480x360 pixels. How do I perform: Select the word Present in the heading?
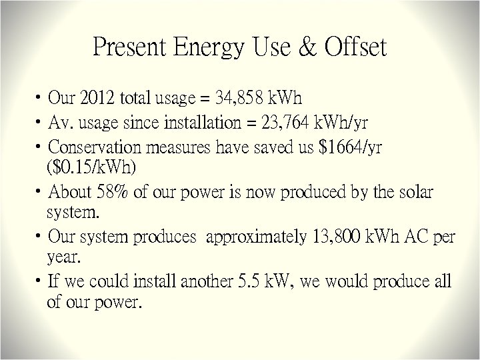pyautogui.click(x=128, y=48)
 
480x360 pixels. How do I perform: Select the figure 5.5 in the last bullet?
pyautogui.click(x=250, y=281)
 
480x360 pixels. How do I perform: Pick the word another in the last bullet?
pyautogui.click(x=202, y=281)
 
